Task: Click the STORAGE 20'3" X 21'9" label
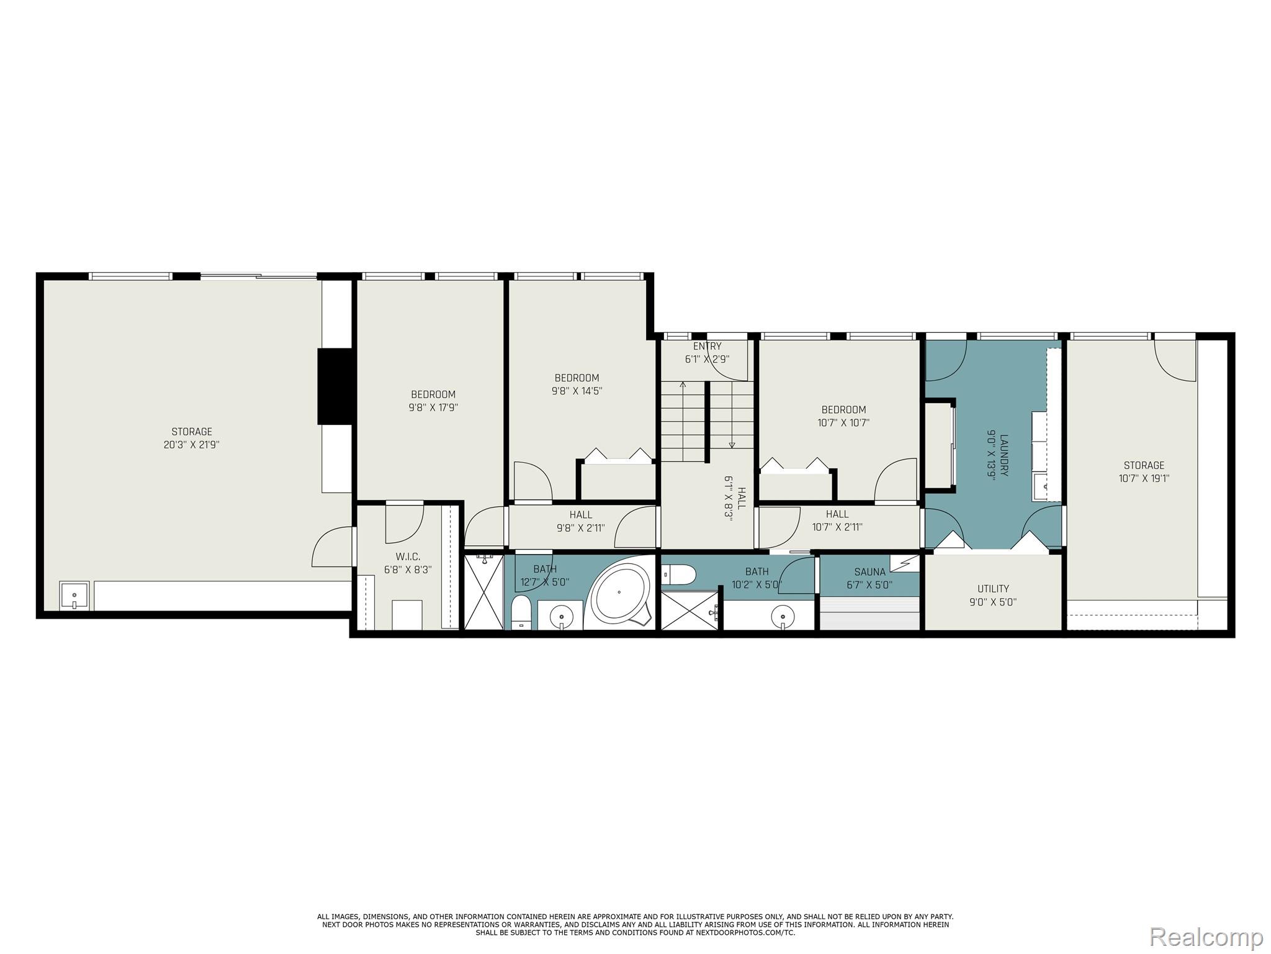tap(192, 438)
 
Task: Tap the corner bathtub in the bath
tap(619, 593)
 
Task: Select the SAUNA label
tap(869, 578)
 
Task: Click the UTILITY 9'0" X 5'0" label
tap(993, 595)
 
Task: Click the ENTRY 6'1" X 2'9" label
tap(707, 352)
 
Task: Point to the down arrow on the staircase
tap(732, 444)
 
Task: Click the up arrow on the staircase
tap(683, 385)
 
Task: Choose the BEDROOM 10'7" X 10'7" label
tap(843, 416)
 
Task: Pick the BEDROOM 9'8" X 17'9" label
tap(433, 401)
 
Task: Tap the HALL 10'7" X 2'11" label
tap(837, 520)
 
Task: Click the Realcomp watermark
tap(1206, 937)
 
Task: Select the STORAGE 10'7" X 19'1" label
tap(1144, 471)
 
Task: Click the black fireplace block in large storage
tap(335, 386)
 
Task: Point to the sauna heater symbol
tap(904, 563)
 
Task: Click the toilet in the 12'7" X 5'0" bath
tap(521, 612)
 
